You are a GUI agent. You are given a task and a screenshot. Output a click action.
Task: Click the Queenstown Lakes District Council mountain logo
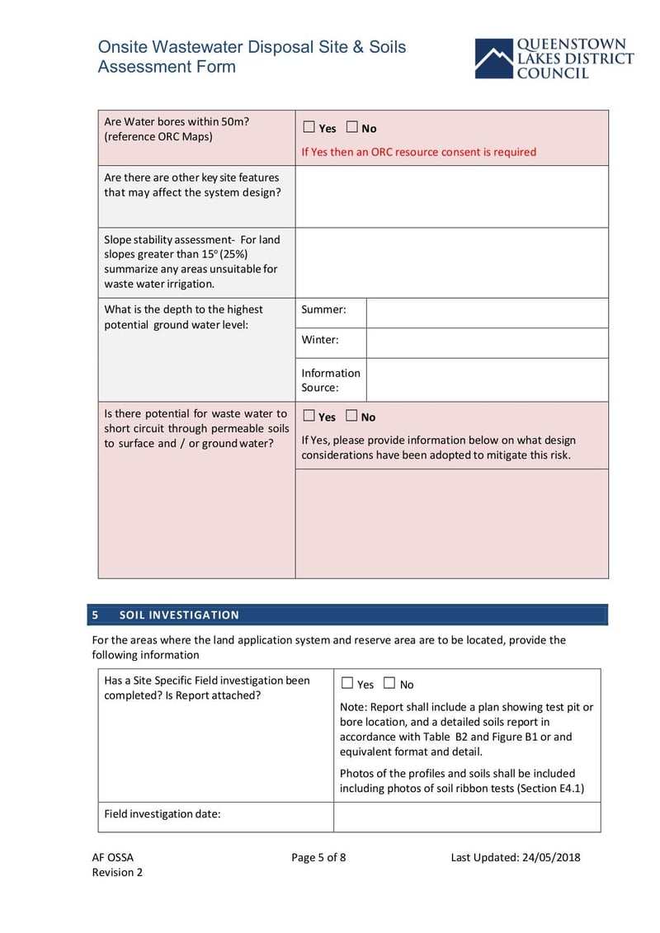pos(493,59)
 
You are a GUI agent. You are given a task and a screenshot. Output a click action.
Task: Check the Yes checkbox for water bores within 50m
pos(309,127)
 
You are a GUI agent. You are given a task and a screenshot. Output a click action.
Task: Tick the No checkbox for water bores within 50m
pos(352,127)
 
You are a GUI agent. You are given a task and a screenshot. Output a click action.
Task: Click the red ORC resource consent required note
pos(418,152)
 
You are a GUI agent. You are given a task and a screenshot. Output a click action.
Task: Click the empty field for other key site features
pos(451,196)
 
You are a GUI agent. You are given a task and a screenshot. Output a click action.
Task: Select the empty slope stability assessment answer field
pos(451,262)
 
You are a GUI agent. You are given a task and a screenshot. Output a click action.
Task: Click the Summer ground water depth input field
pos(487,313)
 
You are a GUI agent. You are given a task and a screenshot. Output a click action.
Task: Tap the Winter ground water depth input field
pos(487,342)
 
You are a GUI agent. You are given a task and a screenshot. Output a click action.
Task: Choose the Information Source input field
pos(487,379)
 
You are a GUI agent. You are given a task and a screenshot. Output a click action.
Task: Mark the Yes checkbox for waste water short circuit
pos(309,416)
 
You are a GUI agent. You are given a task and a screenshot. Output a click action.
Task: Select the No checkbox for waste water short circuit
pos(351,416)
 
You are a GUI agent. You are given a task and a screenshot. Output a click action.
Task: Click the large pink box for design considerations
pos(451,523)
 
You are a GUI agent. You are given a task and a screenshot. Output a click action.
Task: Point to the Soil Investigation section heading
pos(179,615)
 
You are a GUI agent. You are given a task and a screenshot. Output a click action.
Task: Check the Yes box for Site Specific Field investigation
pos(347,683)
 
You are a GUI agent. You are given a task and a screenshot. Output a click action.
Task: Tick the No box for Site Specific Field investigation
pos(390,683)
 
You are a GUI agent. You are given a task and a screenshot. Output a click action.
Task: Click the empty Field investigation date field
pos(467,817)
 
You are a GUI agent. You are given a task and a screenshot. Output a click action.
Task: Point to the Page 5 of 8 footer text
pos(318,857)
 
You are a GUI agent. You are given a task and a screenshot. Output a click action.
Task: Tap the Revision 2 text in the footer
pos(117,872)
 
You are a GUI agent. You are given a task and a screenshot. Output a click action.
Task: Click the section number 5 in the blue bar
pos(96,615)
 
